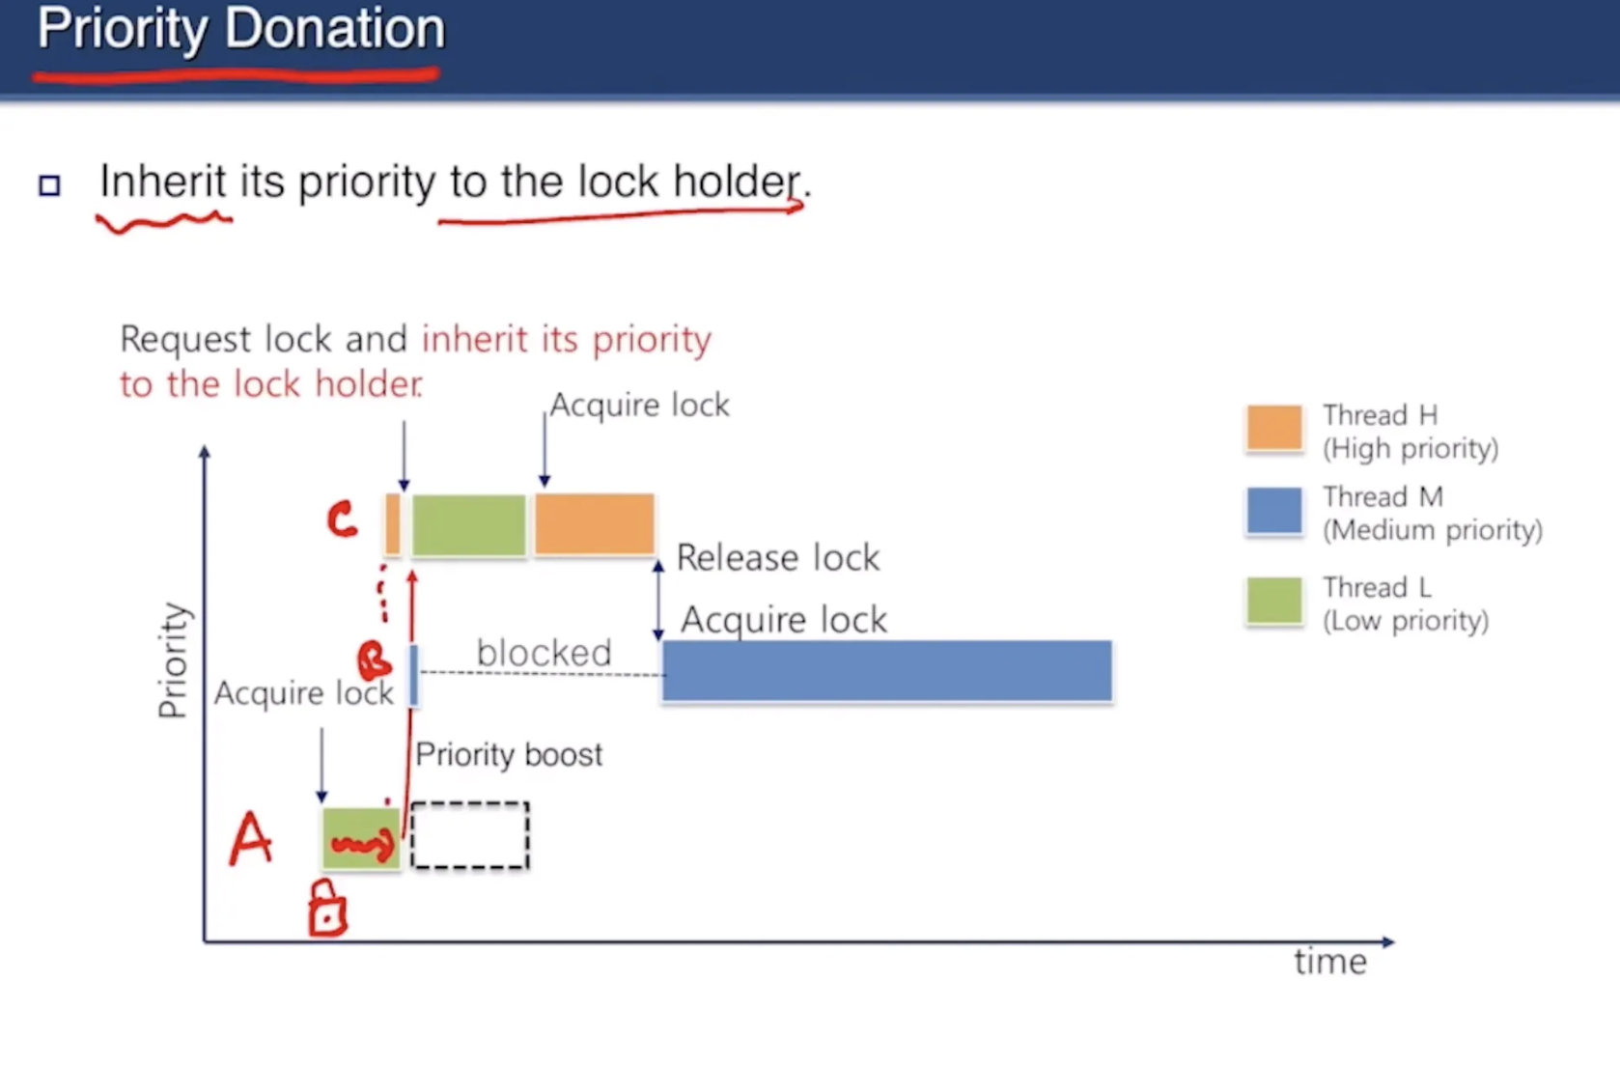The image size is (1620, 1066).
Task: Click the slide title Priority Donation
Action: point(240,29)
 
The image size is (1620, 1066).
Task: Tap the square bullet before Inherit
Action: point(49,185)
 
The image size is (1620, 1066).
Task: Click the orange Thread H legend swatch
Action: point(1274,428)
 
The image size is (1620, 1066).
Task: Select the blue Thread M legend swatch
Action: point(1274,512)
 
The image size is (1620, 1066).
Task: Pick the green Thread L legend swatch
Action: point(1274,601)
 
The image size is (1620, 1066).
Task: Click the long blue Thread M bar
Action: point(887,670)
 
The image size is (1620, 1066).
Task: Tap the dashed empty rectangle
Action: point(470,834)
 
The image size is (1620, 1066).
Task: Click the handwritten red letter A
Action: point(250,839)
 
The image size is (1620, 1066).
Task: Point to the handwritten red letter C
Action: point(342,519)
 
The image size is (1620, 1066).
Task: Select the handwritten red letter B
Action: point(375,661)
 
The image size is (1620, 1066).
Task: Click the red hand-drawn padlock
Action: point(327,909)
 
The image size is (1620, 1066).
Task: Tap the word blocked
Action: point(544,653)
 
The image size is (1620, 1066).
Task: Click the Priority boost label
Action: point(509,755)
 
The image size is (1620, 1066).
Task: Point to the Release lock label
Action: point(778,557)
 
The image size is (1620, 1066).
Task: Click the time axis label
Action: point(1330,963)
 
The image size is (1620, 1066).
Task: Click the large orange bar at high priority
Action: point(595,524)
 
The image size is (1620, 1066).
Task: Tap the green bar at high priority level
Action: point(468,525)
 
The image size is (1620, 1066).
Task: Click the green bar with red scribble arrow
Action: point(361,838)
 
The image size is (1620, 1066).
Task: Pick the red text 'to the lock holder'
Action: point(271,384)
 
